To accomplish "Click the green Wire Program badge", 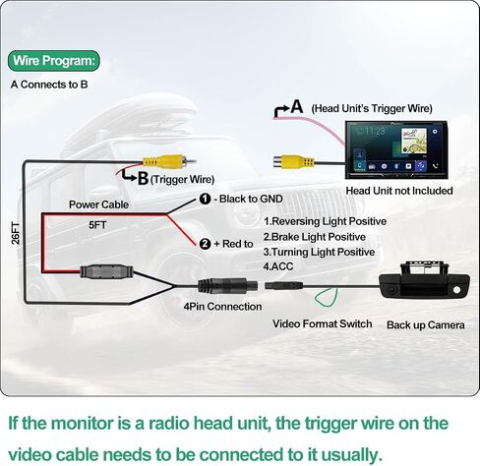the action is (53, 61).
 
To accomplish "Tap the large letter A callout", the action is (297, 106).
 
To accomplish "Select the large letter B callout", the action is (143, 179).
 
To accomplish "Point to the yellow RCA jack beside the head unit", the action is (294, 162).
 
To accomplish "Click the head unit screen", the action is (396, 149).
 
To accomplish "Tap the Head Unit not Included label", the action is (399, 191).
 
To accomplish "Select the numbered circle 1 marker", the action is (205, 199).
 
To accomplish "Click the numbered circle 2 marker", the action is (205, 244).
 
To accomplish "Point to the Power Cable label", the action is (98, 204).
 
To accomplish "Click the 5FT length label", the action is (97, 225).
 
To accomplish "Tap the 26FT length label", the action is (16, 233).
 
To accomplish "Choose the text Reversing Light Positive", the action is (330, 221).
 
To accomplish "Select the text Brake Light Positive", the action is (319, 237).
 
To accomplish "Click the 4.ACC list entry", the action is (278, 266).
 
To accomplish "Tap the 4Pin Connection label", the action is (222, 307).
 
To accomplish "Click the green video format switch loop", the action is (327, 297).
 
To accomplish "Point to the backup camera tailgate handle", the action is (424, 280).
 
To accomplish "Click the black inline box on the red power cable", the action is (107, 271).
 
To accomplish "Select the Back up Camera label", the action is (425, 325).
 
